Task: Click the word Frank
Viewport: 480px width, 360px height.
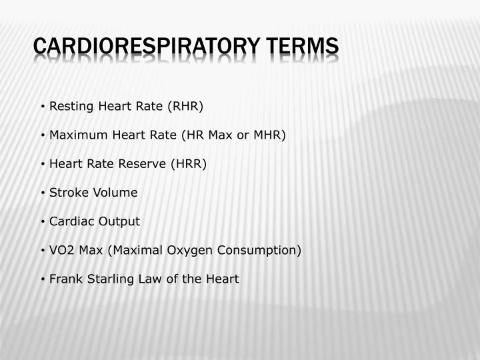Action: [65, 279]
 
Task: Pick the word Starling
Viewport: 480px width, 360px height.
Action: [107, 279]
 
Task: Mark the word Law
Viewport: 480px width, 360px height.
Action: [148, 279]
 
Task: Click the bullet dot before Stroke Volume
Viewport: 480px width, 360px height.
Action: [43, 193]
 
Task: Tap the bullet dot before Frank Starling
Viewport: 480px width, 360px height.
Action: [43, 279]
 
